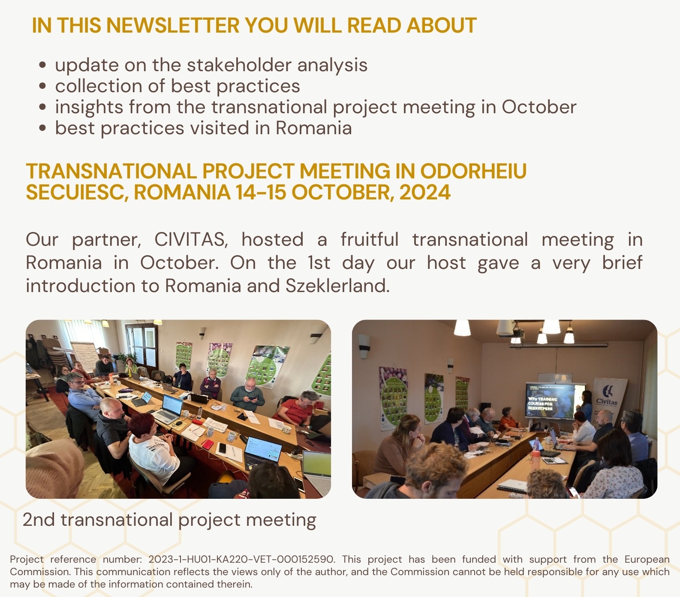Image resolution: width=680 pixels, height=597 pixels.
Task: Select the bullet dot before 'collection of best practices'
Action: pyautogui.click(x=42, y=86)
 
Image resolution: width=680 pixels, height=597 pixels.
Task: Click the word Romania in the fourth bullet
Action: pyautogui.click(x=313, y=128)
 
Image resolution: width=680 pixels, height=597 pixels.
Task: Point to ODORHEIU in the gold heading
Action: pyautogui.click(x=473, y=171)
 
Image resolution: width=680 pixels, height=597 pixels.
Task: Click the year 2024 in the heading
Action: pyautogui.click(x=425, y=192)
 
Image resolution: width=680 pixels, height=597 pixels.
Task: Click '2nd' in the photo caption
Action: pyautogui.click(x=39, y=520)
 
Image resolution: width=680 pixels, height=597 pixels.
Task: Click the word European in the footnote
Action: pyautogui.click(x=647, y=559)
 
